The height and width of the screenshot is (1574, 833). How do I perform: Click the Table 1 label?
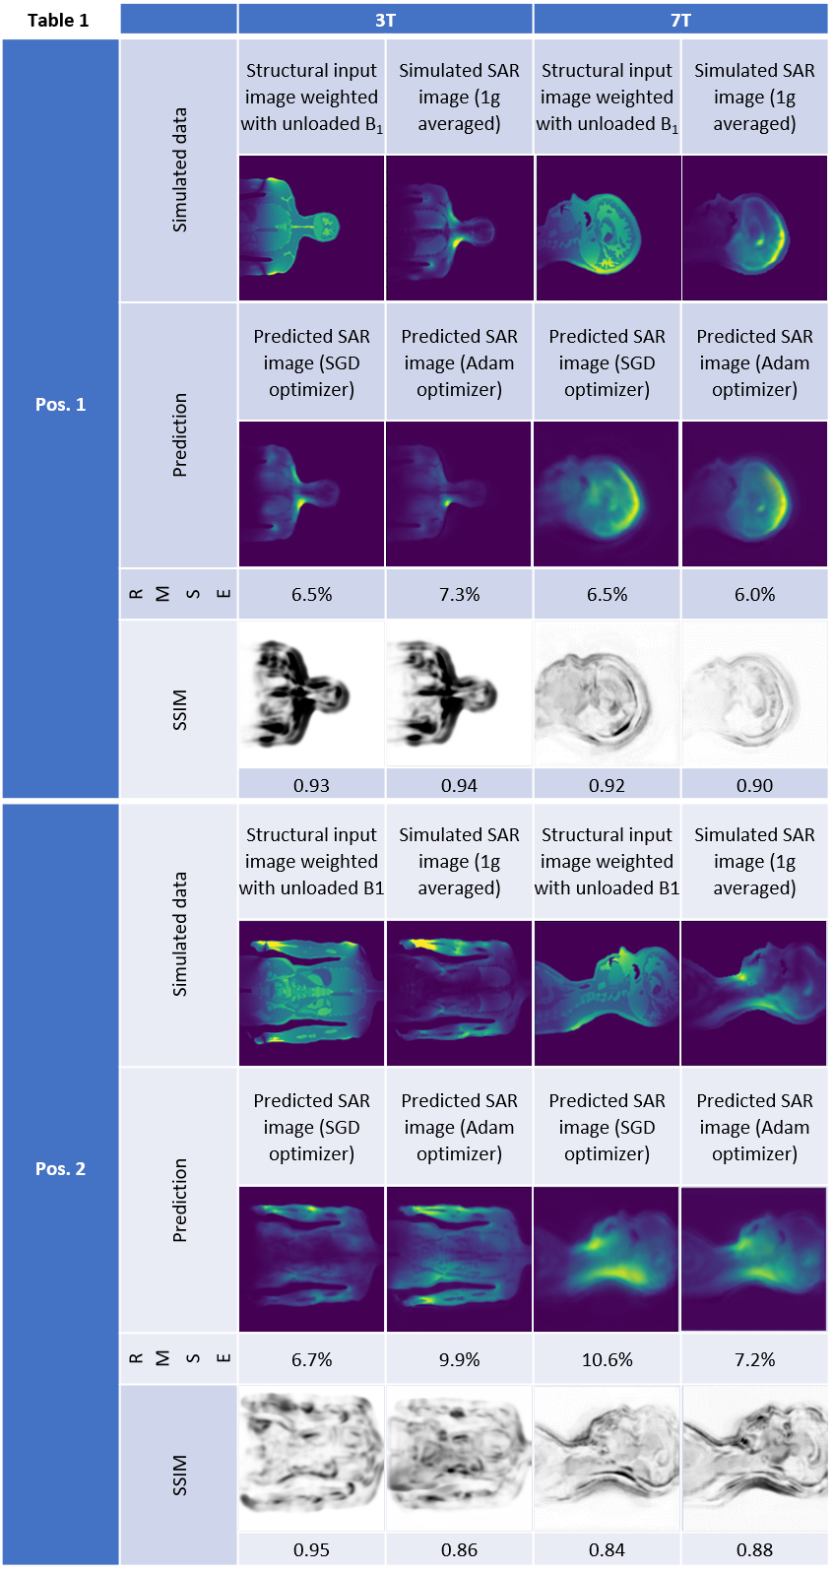58,20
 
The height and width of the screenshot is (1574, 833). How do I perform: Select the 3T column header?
385,20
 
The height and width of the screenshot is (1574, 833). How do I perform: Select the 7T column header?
680,20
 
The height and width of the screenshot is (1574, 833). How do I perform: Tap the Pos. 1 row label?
60,404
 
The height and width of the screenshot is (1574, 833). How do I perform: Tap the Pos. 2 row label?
60,1168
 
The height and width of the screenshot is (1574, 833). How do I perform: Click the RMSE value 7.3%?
459,594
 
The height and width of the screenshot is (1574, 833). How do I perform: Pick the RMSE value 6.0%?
754,594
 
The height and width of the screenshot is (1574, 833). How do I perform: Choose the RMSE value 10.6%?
607,1359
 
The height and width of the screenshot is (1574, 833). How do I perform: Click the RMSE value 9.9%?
459,1359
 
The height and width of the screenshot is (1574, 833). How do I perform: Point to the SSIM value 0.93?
311,785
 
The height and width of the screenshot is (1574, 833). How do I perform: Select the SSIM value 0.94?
459,785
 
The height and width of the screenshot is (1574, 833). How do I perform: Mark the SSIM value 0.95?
311,1549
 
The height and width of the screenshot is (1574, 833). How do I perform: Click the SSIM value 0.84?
607,1549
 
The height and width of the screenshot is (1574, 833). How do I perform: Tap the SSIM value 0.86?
459,1549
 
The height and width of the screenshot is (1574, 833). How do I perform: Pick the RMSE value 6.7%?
311,1359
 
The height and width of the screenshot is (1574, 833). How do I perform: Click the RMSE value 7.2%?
754,1359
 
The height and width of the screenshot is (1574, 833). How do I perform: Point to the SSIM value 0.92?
607,785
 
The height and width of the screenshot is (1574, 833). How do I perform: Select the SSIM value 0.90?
754,785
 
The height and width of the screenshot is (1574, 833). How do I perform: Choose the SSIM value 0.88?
754,1549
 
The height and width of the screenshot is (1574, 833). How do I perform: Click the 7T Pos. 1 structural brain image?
608,229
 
